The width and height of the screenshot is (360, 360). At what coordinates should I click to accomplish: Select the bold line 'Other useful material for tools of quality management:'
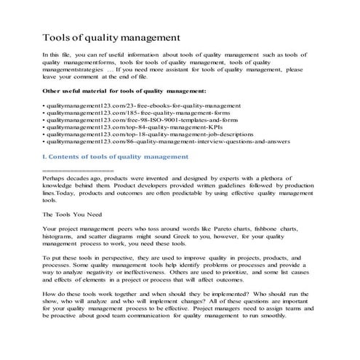coord(124,91)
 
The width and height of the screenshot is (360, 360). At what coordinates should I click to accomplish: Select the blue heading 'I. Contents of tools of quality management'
coord(116,156)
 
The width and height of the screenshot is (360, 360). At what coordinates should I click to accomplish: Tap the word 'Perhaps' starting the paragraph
coord(55,177)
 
